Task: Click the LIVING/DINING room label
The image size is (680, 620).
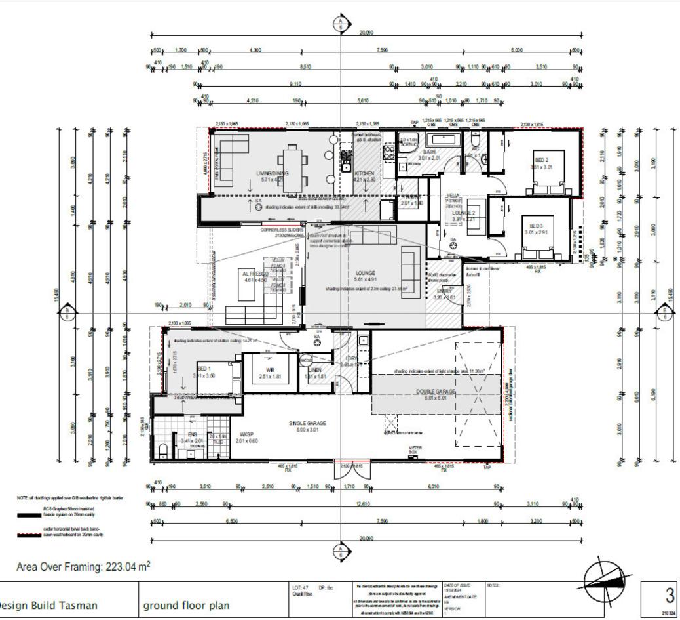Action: point(271,174)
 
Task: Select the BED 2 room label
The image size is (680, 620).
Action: point(542,159)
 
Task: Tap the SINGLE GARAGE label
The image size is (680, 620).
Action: point(307,424)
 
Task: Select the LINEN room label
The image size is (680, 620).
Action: point(314,370)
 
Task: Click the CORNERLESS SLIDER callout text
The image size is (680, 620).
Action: point(281,230)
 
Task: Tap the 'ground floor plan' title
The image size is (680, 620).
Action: point(186,604)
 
